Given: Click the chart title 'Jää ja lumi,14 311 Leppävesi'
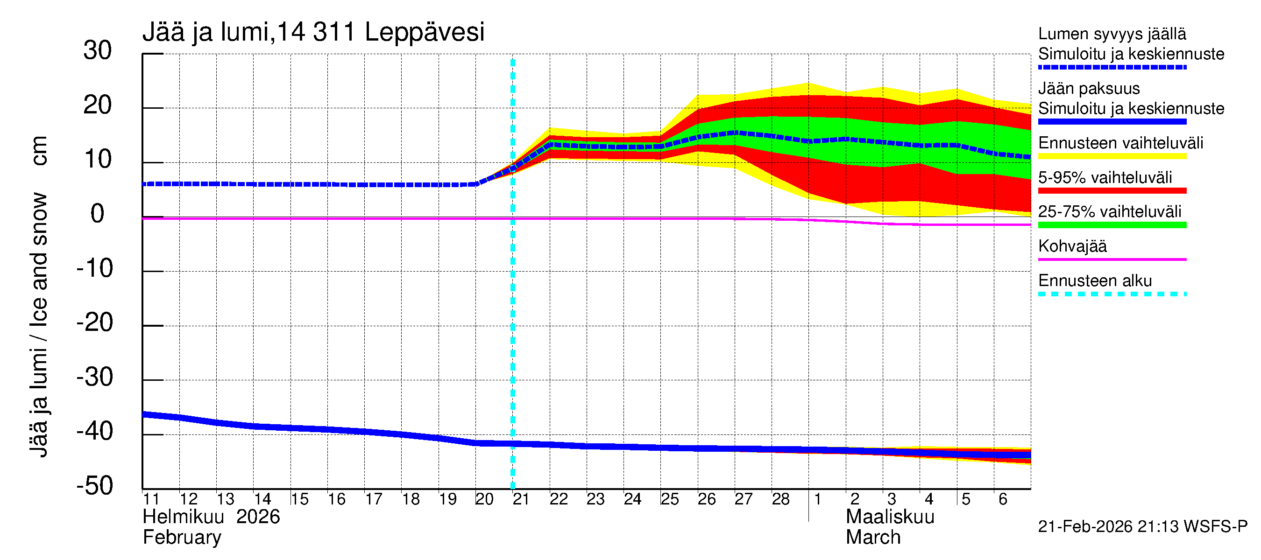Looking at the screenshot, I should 313,32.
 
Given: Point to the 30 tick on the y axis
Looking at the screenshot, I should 98,50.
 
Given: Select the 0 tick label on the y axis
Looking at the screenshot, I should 98,214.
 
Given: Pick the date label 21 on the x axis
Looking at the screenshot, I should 520,499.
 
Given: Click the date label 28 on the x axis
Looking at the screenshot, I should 780,499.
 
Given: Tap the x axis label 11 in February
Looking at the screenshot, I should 151,499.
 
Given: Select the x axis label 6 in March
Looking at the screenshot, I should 1003,499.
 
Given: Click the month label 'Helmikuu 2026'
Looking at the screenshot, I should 211,517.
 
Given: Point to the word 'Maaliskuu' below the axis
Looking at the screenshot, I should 890,517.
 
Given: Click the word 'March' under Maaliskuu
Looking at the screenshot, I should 873,538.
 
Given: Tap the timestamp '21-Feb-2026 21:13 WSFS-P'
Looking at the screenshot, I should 1142,526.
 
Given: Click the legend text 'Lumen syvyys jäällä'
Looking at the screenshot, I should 1112,34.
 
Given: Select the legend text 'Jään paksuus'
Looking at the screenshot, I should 1089,89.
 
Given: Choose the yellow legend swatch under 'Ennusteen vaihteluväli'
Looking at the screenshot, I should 1112,156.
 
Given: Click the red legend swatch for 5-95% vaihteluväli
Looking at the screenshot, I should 1112,191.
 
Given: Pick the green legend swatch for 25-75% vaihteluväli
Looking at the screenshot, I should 1112,225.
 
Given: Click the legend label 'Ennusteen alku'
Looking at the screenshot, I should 1095,281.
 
